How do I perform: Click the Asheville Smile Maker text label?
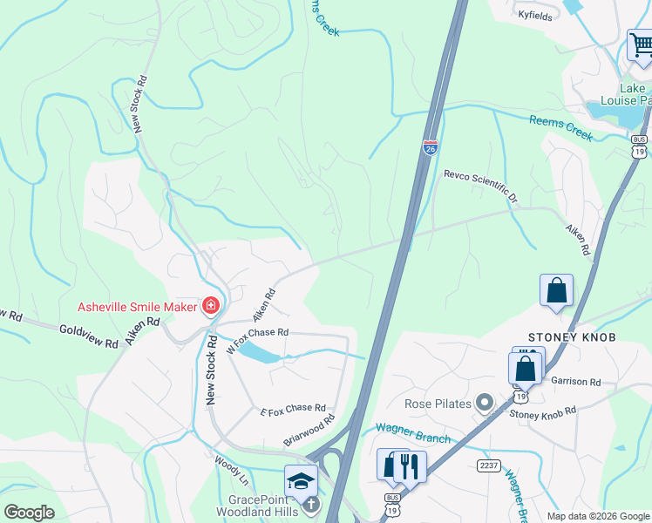[137, 306]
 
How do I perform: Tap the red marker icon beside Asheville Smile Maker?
[210, 305]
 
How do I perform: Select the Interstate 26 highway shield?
[431, 147]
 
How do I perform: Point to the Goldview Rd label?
[88, 336]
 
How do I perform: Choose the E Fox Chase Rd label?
[292, 409]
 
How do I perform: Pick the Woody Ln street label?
[231, 468]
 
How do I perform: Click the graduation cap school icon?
[300, 479]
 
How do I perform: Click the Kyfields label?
[536, 15]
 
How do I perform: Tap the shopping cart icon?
[641, 44]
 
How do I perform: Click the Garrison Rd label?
[576, 381]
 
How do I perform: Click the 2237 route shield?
[488, 465]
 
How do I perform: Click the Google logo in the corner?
[29, 513]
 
